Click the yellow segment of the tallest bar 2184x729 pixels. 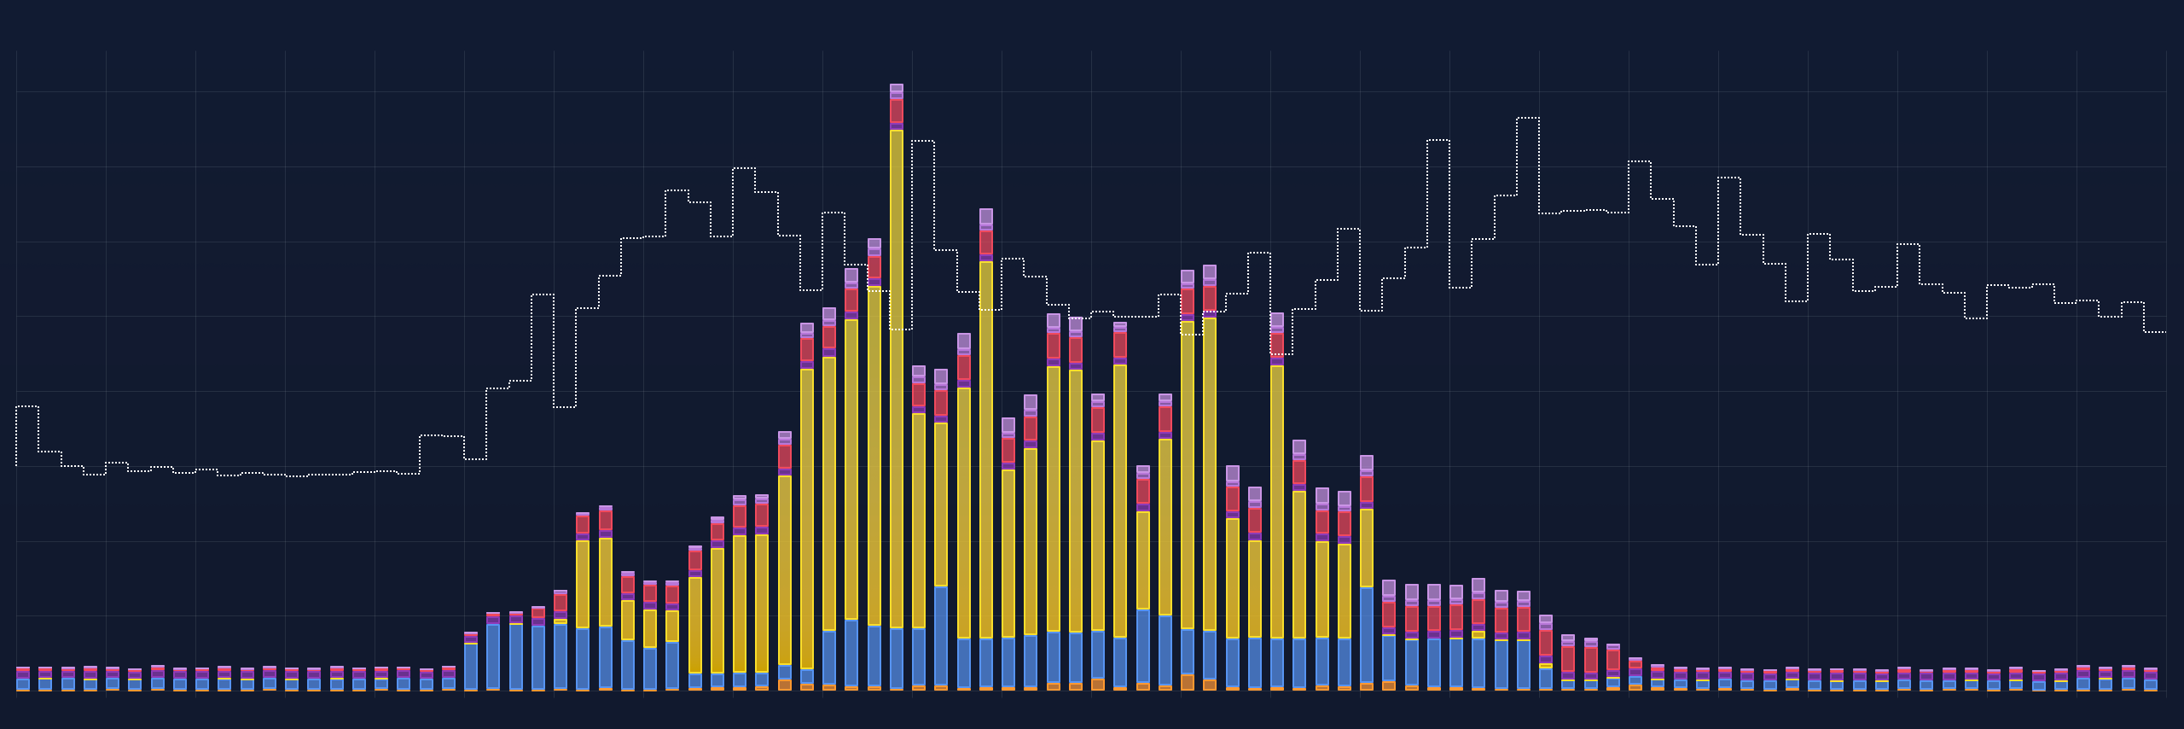coord(896,376)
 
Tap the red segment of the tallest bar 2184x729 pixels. coord(896,111)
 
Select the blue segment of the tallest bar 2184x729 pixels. coord(896,657)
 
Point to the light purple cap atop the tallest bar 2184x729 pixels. coord(896,89)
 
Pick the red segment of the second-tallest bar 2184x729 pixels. coord(985,242)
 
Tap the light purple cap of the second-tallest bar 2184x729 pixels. coord(985,216)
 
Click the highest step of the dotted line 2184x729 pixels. coord(1528,118)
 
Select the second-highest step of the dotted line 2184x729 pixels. coord(1438,140)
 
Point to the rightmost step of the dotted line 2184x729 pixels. coord(2155,331)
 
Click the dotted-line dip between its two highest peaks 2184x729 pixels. coord(1461,288)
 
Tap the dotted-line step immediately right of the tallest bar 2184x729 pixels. coord(923,141)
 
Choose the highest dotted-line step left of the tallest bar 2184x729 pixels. coord(744,168)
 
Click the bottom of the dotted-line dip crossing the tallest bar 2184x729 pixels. coord(901,330)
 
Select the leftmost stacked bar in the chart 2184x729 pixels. coord(23,679)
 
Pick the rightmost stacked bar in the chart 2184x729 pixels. coord(2151,679)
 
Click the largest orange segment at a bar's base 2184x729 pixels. coord(1188,682)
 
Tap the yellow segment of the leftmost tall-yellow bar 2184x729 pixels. coord(583,584)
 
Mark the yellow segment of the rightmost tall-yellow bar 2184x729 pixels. coord(1366,547)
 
